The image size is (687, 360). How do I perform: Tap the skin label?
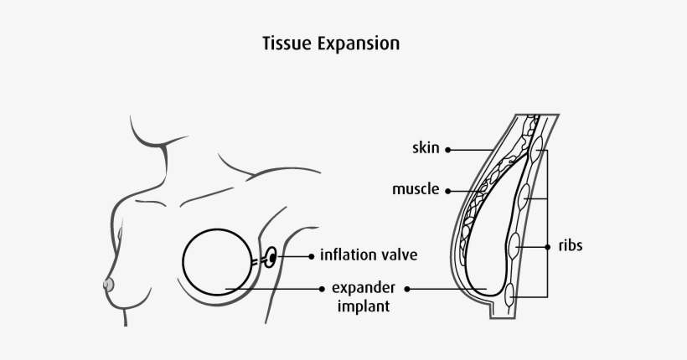[426, 149]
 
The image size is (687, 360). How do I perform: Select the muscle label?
[416, 189]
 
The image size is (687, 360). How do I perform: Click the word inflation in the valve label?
[349, 254]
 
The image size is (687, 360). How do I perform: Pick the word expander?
[363, 290]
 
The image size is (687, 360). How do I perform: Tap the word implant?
[362, 306]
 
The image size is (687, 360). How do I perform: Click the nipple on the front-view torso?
[108, 285]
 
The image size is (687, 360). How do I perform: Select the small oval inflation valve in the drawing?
[271, 257]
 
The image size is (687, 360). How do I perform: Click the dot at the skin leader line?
[448, 150]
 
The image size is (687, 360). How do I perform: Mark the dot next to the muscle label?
[448, 190]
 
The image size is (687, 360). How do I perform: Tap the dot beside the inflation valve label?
[311, 255]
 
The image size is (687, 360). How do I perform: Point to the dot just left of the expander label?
[323, 290]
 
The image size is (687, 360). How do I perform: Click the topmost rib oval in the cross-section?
[537, 151]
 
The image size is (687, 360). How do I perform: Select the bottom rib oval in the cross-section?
[510, 294]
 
